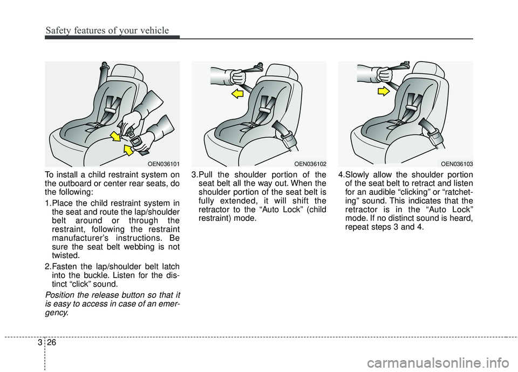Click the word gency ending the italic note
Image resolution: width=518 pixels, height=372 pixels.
click(57, 313)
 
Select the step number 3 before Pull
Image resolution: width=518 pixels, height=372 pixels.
click(194, 174)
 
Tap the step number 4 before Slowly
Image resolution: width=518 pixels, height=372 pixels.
click(340, 174)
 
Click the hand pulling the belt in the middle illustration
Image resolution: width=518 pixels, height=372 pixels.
click(238, 76)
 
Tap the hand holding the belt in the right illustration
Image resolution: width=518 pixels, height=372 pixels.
click(385, 75)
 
